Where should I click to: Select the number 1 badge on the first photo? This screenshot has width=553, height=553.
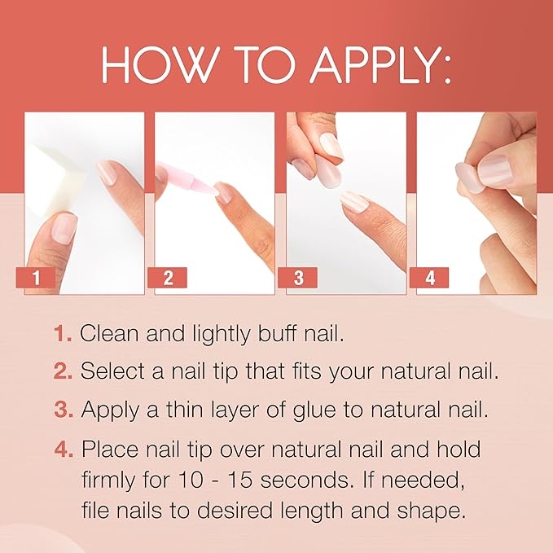[x=36, y=278]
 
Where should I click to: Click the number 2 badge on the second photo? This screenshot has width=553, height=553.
[x=168, y=278]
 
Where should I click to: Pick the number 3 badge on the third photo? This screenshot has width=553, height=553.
[x=299, y=278]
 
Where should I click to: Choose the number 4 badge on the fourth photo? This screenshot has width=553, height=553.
[x=430, y=278]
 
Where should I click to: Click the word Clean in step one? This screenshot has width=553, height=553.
[x=108, y=333]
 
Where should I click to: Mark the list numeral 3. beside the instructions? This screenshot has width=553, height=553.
[x=64, y=410]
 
